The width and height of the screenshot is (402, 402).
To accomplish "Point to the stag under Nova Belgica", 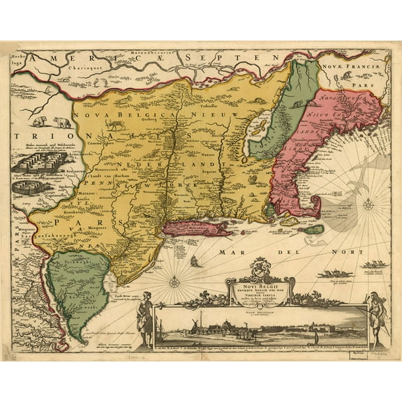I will [x=114, y=125].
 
